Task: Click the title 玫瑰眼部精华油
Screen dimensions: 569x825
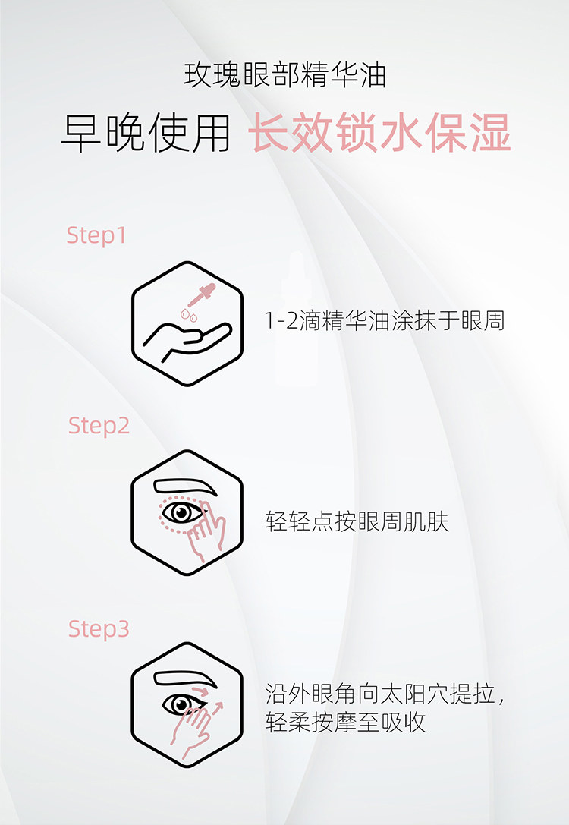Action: click(284, 74)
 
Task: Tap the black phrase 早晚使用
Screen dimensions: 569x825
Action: click(146, 133)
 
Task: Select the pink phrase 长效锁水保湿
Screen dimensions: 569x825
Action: click(379, 133)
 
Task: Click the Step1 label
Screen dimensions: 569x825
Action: click(96, 235)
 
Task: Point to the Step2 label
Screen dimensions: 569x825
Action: click(99, 425)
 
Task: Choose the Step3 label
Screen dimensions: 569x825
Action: click(99, 628)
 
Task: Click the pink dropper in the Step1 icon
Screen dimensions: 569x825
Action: click(203, 294)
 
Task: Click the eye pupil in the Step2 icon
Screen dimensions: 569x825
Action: click(182, 512)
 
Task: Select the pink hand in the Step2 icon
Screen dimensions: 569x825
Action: click(206, 534)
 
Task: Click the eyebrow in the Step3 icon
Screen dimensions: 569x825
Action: click(185, 679)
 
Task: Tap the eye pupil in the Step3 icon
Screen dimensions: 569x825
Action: click(181, 704)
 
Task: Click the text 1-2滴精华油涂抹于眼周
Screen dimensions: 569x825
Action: click(385, 320)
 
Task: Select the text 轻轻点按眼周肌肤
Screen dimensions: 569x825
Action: click(357, 521)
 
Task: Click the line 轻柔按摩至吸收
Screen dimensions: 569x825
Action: click(345, 722)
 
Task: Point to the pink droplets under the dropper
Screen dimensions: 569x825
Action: click(189, 315)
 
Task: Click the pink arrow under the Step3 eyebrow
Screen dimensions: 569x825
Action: click(200, 690)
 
